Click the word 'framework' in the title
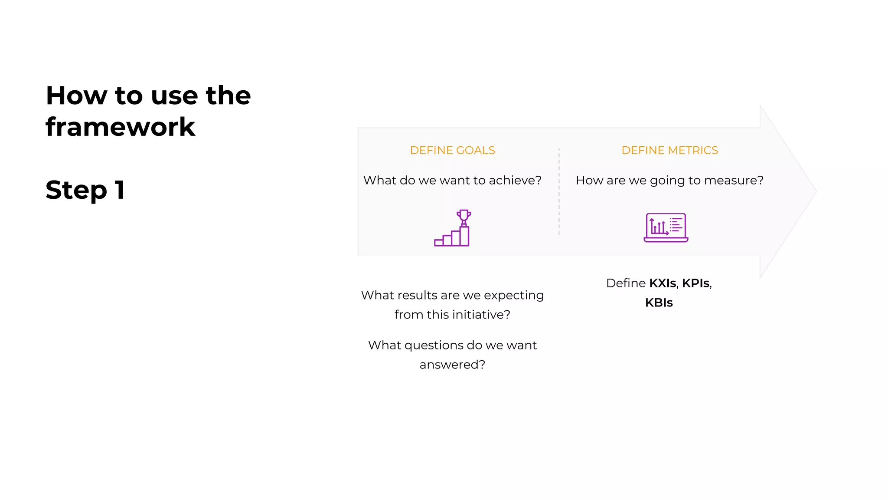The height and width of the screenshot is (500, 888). tap(120, 127)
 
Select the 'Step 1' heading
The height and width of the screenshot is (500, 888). tap(85, 190)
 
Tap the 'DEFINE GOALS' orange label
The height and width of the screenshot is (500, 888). tap(452, 150)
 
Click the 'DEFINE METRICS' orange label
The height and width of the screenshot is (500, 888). tap(669, 150)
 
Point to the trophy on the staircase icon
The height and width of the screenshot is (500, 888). tap(464, 216)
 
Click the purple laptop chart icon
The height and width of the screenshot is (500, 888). tap(666, 227)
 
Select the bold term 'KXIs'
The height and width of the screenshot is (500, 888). tap(663, 283)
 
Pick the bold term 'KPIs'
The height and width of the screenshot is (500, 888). tap(695, 283)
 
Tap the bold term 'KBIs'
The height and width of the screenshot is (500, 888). tap(659, 303)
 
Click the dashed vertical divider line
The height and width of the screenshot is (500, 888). tap(559, 191)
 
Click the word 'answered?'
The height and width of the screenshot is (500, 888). tap(452, 364)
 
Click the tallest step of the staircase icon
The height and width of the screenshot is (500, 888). tap(464, 237)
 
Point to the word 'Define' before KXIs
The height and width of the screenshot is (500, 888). tap(626, 283)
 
